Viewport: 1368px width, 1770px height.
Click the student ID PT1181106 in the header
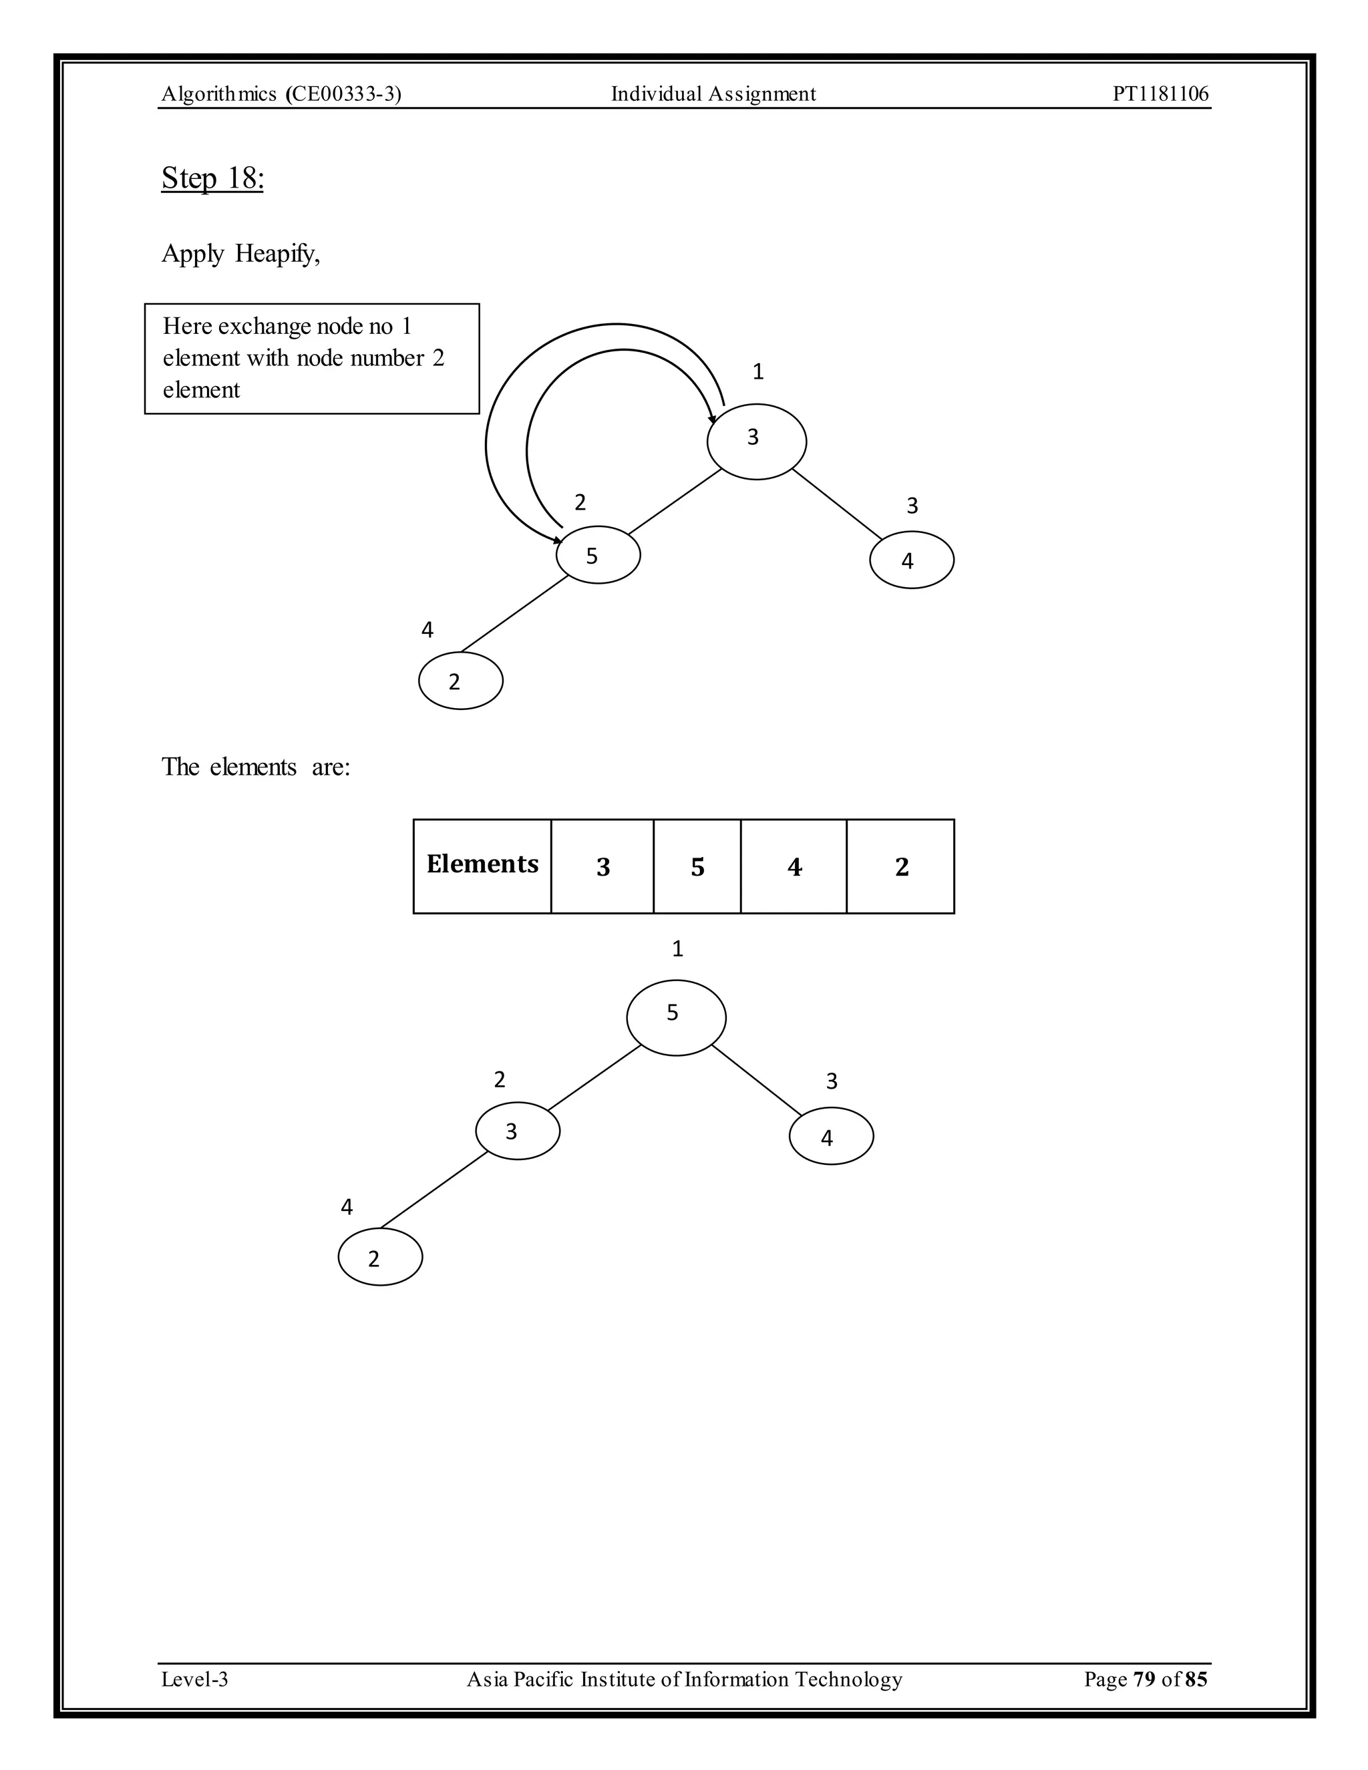[x=1160, y=94]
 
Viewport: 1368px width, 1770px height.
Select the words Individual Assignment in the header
[x=713, y=94]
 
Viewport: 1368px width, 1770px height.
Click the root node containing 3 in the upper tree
[x=756, y=441]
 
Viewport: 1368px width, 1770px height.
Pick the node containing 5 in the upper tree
[x=598, y=555]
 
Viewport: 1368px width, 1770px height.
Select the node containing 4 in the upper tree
[x=912, y=560]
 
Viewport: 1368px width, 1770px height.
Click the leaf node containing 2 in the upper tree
[x=460, y=681]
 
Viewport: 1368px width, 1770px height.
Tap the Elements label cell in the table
[x=482, y=866]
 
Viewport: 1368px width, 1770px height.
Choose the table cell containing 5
[x=697, y=866]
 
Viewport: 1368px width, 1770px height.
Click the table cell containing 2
[x=901, y=866]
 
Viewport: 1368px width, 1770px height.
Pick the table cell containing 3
[x=602, y=866]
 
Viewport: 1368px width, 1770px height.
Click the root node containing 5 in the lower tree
[x=676, y=1017]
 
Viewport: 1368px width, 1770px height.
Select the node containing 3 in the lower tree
[x=517, y=1131]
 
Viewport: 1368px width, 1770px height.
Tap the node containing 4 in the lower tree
[x=831, y=1136]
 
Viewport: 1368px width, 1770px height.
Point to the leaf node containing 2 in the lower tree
[x=380, y=1257]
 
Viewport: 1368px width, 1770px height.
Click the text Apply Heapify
[x=240, y=254]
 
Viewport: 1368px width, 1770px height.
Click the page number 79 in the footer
[x=1144, y=1679]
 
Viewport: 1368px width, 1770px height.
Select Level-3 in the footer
[x=194, y=1679]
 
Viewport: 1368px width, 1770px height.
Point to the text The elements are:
[x=256, y=767]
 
